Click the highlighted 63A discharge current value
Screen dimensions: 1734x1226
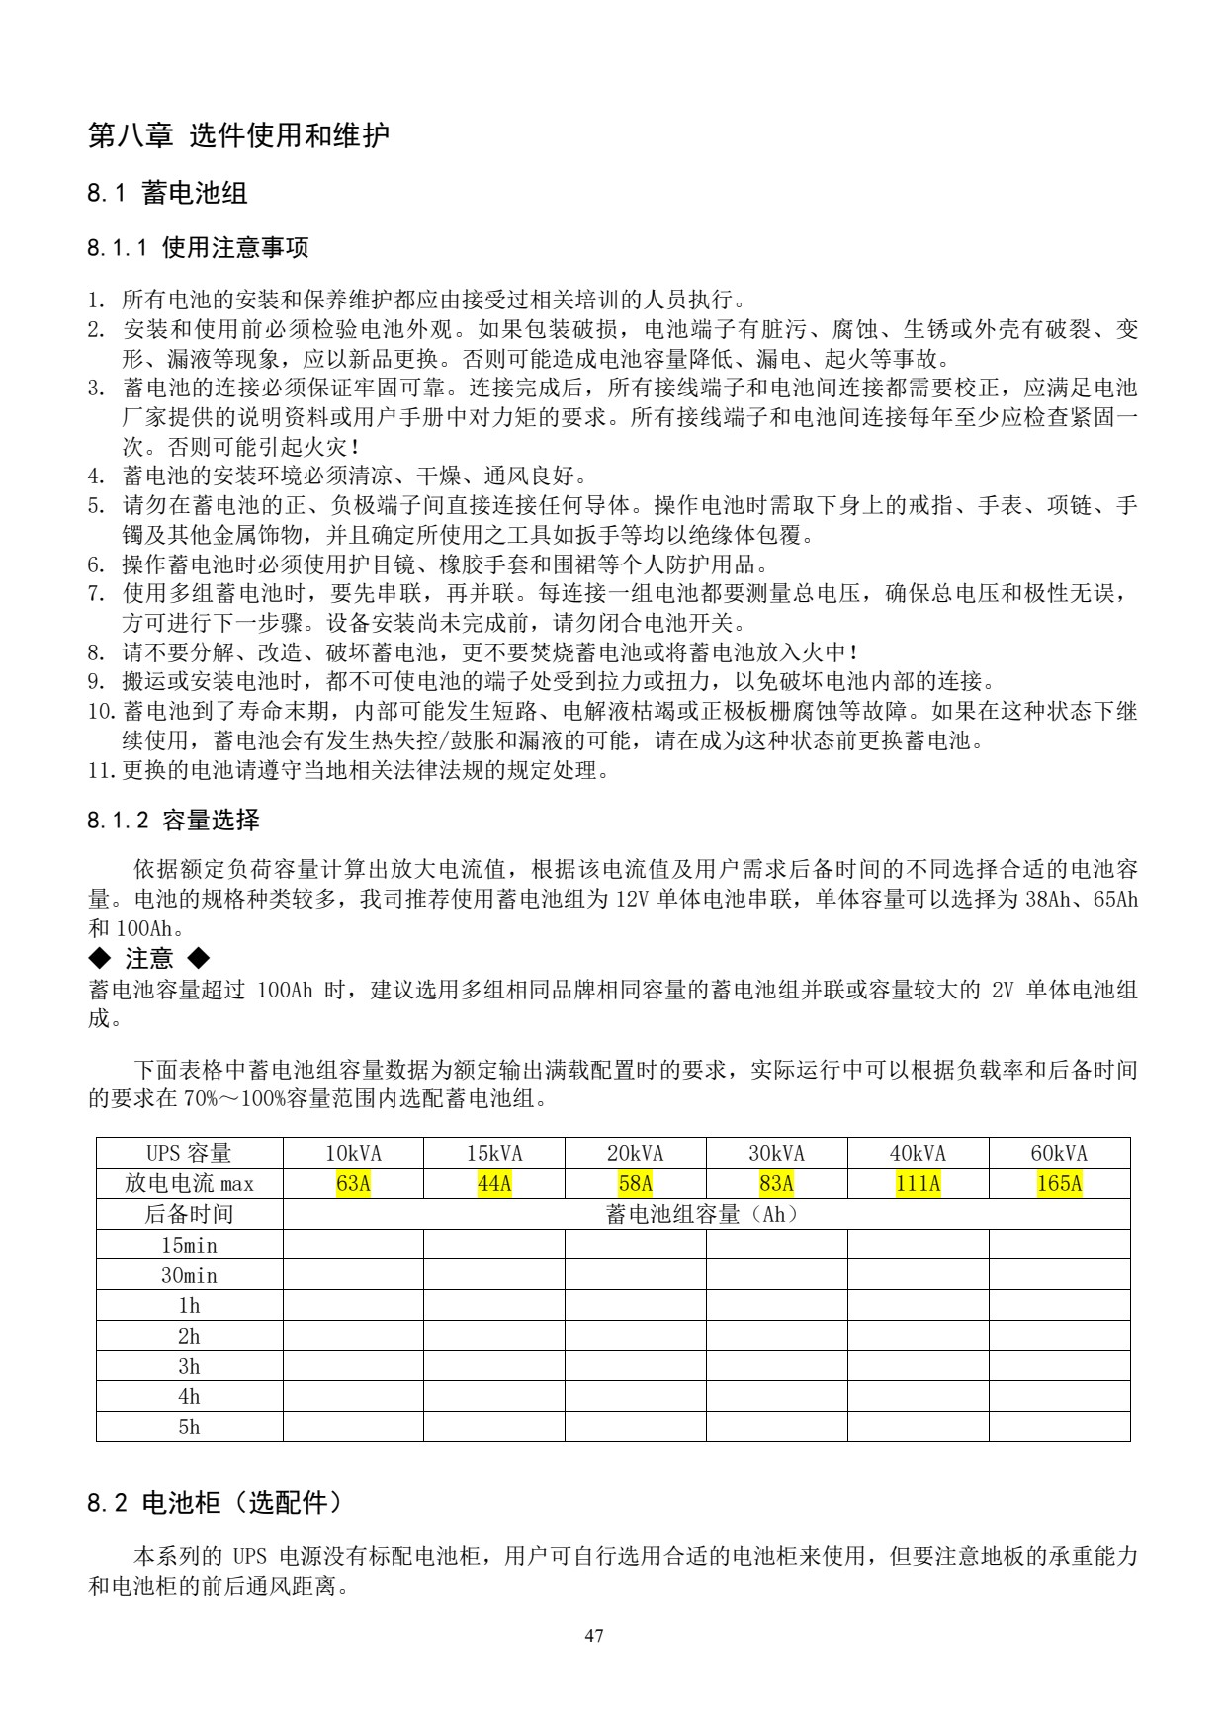(353, 1183)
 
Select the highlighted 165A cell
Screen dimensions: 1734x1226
(1059, 1183)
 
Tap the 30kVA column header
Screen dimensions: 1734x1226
(776, 1153)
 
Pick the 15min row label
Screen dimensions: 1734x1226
(189, 1245)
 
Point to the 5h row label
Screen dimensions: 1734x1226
(189, 1427)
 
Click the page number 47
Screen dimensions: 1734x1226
(594, 1636)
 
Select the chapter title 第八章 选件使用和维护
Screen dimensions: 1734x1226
(238, 135)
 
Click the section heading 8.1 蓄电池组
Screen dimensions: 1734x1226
(167, 193)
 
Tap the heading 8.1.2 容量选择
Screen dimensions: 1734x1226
(173, 820)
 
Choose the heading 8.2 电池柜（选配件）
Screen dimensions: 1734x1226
(215, 1504)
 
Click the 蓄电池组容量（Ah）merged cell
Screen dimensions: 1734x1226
(705, 1214)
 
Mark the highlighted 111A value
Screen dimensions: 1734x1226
(918, 1183)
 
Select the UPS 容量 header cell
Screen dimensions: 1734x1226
(189, 1153)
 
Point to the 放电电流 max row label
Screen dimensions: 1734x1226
(189, 1183)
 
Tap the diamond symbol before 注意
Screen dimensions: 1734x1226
(99, 958)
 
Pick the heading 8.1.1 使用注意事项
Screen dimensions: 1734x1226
(198, 247)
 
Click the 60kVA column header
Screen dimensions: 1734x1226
(1059, 1153)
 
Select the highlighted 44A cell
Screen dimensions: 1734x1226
(494, 1183)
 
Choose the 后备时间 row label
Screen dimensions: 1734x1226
(189, 1214)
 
